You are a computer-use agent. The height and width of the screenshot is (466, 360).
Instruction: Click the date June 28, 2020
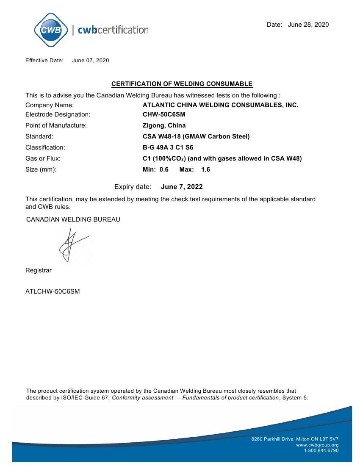308,25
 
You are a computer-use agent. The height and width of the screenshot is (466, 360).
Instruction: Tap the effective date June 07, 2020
90,61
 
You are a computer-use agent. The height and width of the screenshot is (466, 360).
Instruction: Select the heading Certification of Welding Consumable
182,84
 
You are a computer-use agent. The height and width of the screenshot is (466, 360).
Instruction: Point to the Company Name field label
50,105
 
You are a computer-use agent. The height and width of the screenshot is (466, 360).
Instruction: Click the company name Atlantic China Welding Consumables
220,105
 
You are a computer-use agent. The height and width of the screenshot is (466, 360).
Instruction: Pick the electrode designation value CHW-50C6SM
164,114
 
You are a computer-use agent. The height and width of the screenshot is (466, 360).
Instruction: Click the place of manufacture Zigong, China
164,125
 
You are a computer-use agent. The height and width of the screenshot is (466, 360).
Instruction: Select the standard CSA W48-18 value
196,136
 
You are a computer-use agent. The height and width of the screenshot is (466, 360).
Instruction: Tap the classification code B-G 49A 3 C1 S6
168,147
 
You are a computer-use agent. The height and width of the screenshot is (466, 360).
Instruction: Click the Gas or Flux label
43,158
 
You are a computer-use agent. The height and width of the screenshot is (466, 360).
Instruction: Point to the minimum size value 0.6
164,169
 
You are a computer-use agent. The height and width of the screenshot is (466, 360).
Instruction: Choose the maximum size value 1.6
205,169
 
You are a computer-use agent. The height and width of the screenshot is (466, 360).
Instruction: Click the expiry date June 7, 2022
182,187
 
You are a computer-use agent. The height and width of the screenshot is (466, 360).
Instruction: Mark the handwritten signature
72,246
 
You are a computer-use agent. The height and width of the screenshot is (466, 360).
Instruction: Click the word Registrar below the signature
39,270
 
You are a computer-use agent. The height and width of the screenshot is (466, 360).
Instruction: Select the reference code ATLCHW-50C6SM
53,291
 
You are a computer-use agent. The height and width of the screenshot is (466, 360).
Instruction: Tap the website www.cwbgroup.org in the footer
317,445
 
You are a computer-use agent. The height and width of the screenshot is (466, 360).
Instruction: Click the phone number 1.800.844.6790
321,450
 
